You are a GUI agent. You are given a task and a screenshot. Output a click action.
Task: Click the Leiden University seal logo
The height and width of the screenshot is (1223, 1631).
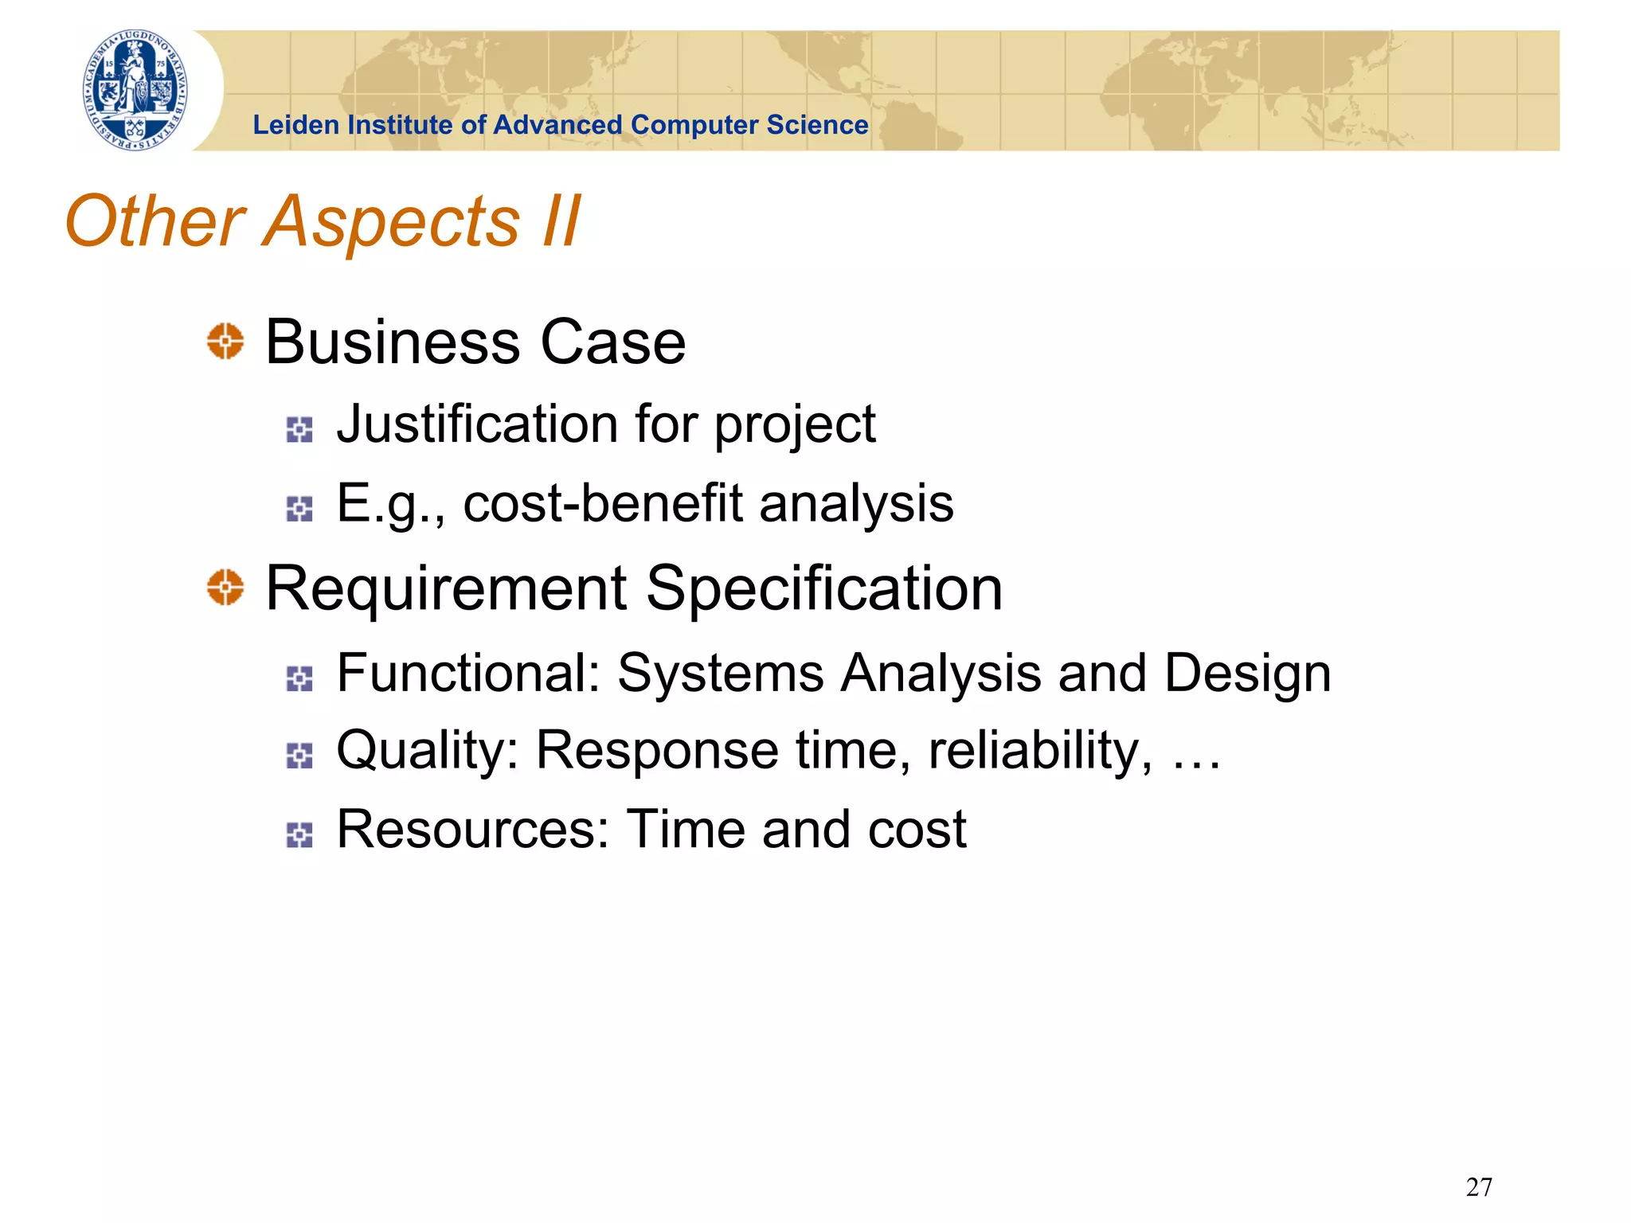tap(136, 90)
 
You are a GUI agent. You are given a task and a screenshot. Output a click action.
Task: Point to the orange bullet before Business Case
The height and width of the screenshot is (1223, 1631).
tap(225, 342)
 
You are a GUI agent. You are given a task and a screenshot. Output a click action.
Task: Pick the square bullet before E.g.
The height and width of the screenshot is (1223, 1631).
tap(299, 509)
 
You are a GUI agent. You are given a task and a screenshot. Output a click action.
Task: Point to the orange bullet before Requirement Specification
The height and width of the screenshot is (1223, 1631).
tap(225, 588)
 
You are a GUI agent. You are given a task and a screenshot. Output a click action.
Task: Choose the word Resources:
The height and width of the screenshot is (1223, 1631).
tap(473, 830)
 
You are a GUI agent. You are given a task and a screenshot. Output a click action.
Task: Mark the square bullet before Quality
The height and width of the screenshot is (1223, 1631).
tap(299, 756)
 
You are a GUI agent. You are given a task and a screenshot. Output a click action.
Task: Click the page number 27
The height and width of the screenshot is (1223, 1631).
tap(1478, 1187)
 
